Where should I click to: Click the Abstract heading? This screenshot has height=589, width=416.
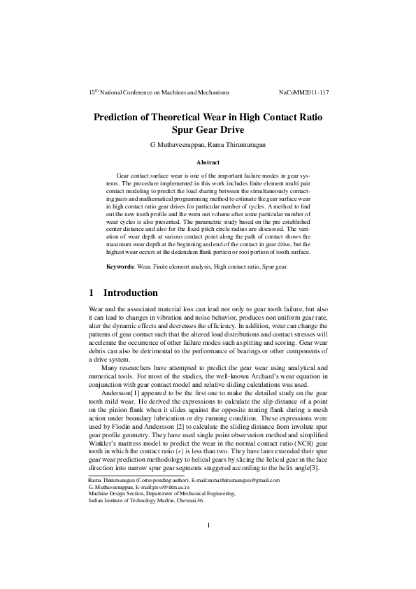point(208,162)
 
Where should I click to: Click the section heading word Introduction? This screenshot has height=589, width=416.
point(131,292)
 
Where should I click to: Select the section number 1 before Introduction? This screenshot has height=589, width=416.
point(92,292)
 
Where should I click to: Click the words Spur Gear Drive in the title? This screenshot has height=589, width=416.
point(208,129)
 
